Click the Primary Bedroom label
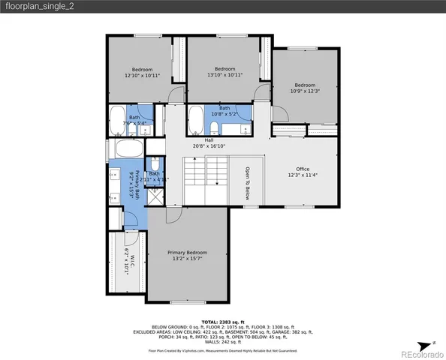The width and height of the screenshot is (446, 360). coord(187,256)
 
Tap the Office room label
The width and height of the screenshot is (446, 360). coord(302,172)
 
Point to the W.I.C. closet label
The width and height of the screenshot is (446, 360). coord(130,263)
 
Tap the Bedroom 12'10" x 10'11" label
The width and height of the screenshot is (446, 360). coord(142,73)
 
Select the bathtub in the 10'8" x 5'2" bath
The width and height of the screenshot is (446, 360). coord(194,118)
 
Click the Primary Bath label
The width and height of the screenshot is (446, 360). coord(135,181)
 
